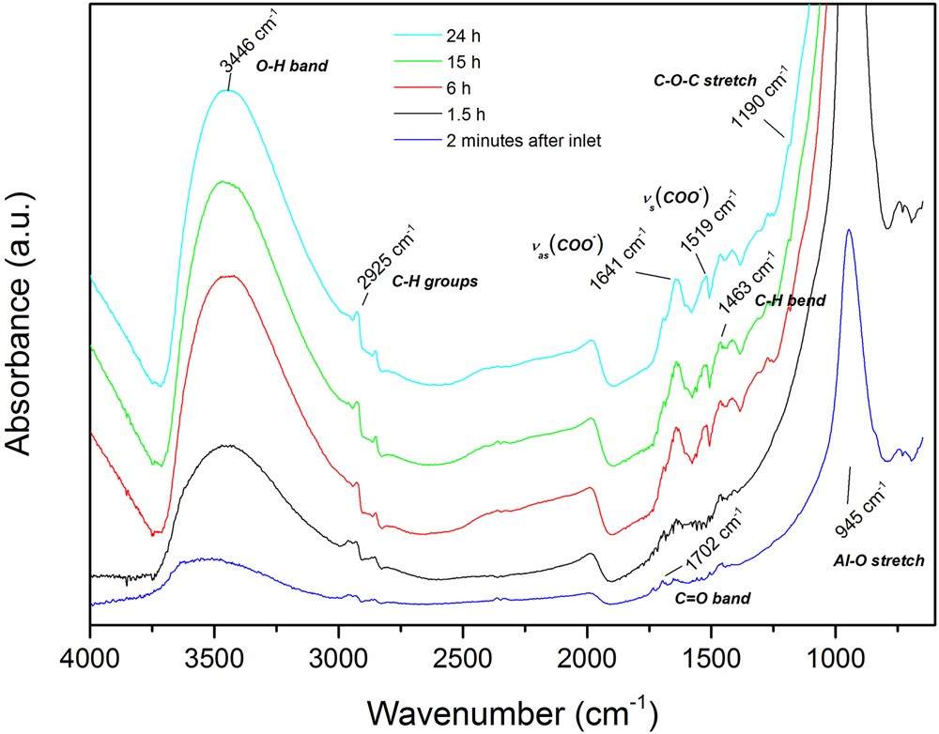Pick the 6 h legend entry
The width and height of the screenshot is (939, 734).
click(454, 89)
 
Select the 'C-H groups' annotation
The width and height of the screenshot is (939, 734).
click(435, 281)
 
